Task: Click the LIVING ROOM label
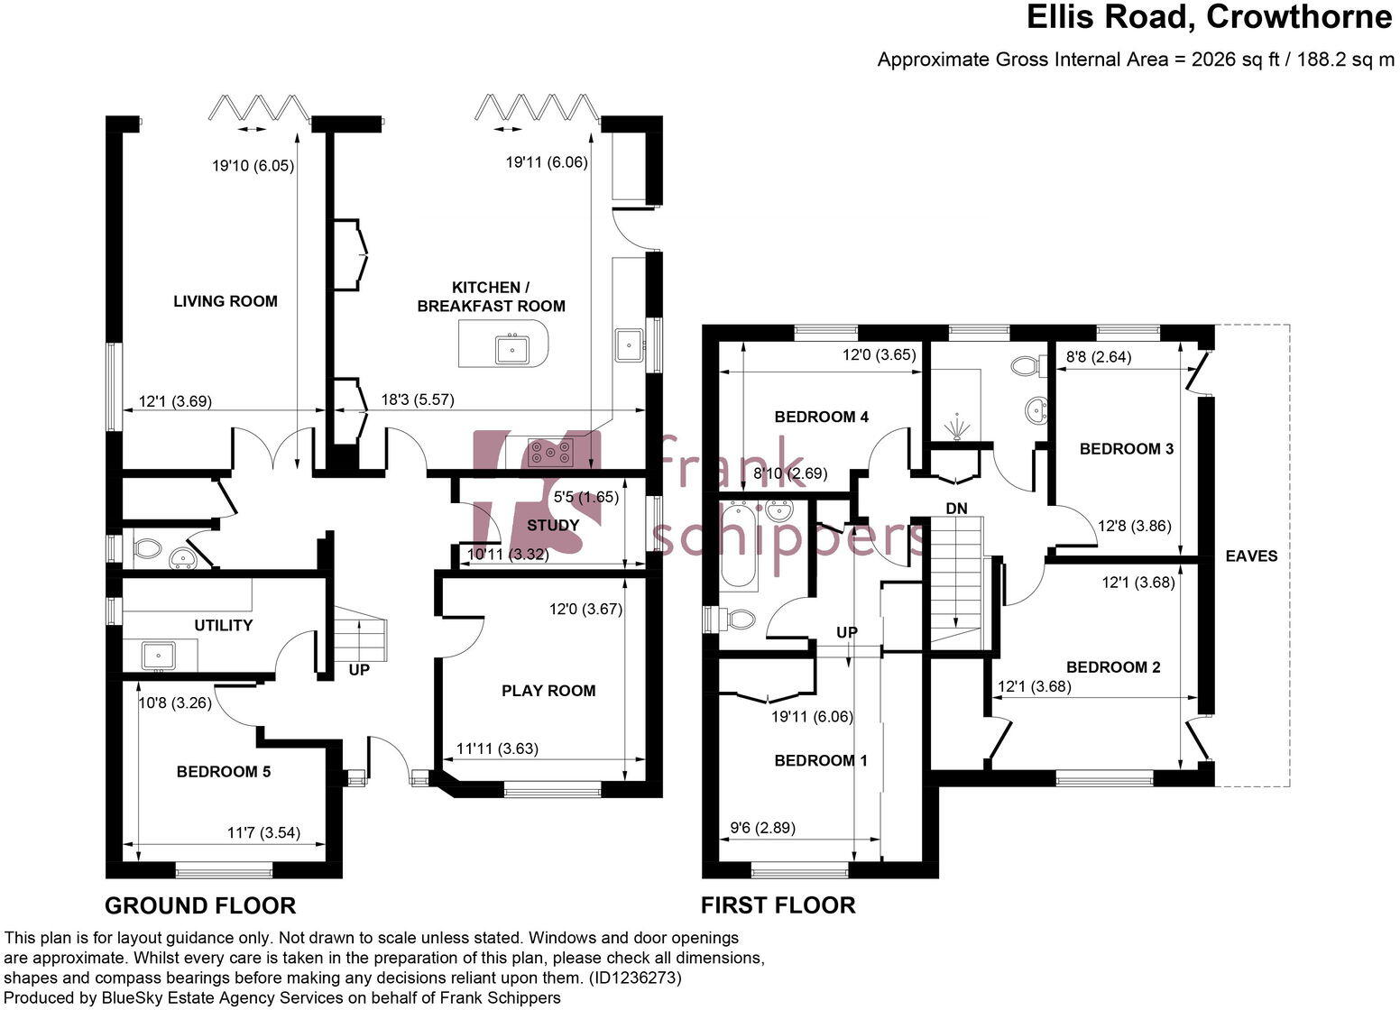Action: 225,301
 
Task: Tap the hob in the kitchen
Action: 550,450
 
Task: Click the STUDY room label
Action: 552,525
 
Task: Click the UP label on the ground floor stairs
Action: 359,671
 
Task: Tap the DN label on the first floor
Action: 956,509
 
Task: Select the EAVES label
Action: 1251,556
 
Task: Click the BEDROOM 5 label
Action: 223,772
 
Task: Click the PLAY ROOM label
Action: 548,691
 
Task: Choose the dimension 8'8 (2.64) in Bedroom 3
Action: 1098,357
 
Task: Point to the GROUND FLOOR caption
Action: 200,905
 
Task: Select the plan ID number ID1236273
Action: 635,978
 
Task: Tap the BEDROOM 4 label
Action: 821,417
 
